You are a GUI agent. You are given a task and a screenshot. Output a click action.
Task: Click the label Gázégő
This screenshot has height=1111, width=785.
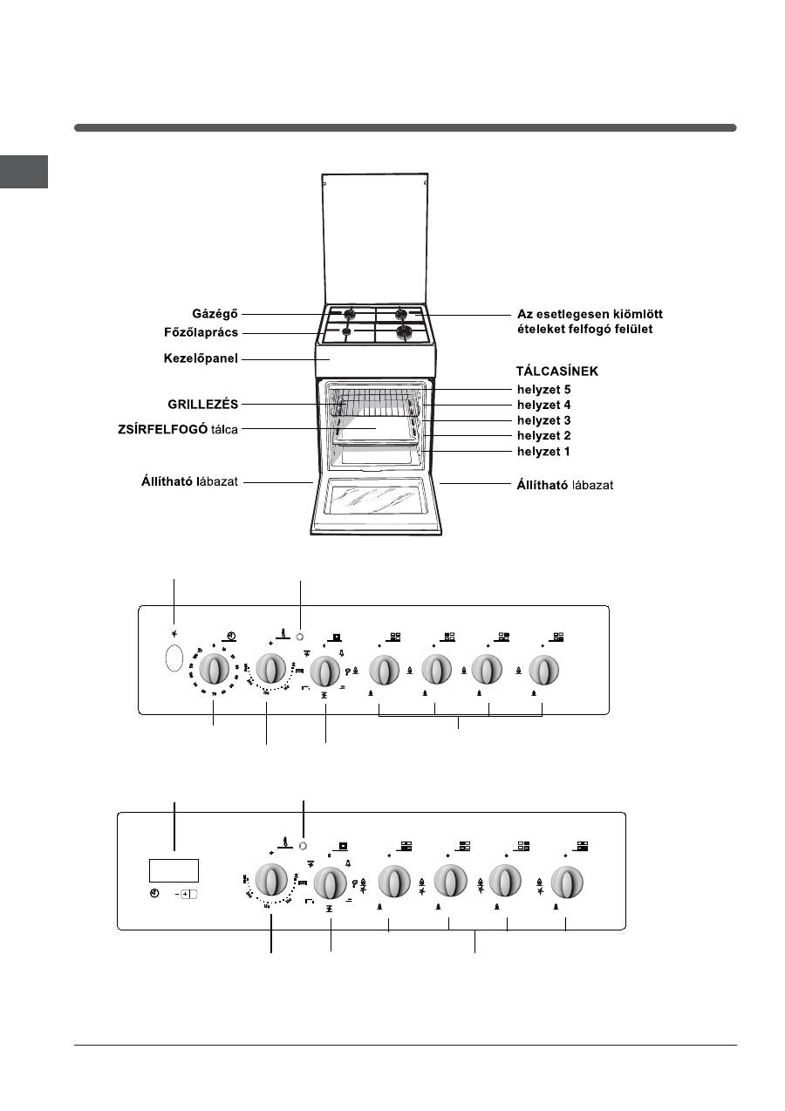[215, 313]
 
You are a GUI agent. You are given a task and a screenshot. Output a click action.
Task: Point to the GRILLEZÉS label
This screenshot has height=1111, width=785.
[203, 405]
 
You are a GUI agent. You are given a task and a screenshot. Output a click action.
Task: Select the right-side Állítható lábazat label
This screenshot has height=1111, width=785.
[565, 484]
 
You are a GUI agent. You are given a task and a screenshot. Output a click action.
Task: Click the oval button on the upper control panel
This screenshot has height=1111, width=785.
[174, 659]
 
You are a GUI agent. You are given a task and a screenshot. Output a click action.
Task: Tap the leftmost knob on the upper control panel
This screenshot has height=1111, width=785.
[214, 671]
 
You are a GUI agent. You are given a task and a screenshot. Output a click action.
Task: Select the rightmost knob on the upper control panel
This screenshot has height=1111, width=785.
[543, 671]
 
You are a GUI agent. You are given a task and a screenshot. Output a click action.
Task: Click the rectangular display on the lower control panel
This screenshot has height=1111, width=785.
[174, 869]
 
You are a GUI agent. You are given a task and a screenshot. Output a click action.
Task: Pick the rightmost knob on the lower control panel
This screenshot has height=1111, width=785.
[567, 881]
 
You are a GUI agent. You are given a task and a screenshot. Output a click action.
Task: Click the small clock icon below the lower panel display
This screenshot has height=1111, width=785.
[154, 895]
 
